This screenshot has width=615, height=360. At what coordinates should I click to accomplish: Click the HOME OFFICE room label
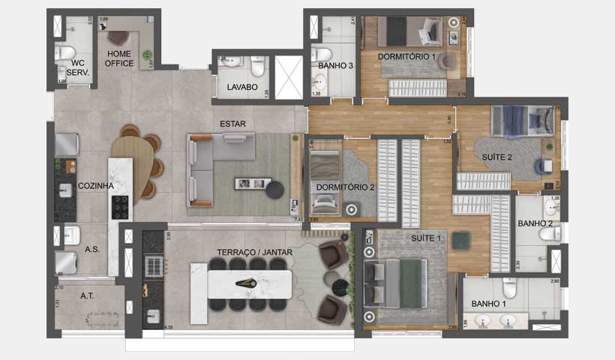coord(120,58)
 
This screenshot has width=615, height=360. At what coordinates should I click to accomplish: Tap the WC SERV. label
coord(78,67)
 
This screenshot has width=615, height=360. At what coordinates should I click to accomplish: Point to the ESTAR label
coord(232,124)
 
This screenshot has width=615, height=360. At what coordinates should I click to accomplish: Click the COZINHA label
coord(96,185)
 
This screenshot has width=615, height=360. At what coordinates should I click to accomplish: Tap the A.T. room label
coord(88,296)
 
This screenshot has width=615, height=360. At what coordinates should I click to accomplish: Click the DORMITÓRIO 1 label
coord(406,56)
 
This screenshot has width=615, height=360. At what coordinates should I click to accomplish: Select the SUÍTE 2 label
coord(497,157)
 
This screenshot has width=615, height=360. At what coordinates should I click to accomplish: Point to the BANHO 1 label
coord(489,304)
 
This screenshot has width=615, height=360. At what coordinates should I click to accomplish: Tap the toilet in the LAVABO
coord(257,67)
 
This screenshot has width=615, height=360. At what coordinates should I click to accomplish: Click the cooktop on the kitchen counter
coord(119,206)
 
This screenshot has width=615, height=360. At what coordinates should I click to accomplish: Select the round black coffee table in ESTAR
coord(275,189)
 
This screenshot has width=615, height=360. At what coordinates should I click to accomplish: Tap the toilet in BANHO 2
coord(551,233)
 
